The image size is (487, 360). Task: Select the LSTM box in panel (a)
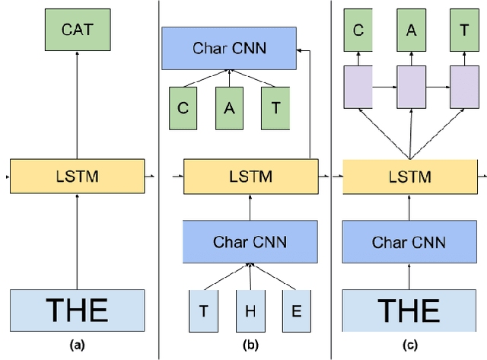76,177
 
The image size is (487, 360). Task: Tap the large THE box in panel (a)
76,311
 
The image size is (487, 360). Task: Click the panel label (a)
76,345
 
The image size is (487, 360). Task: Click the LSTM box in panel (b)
250,177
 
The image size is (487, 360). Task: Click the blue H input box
250,311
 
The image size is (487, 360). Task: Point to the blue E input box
296,311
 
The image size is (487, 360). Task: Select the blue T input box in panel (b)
204,311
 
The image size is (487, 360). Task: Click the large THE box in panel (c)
409,311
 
